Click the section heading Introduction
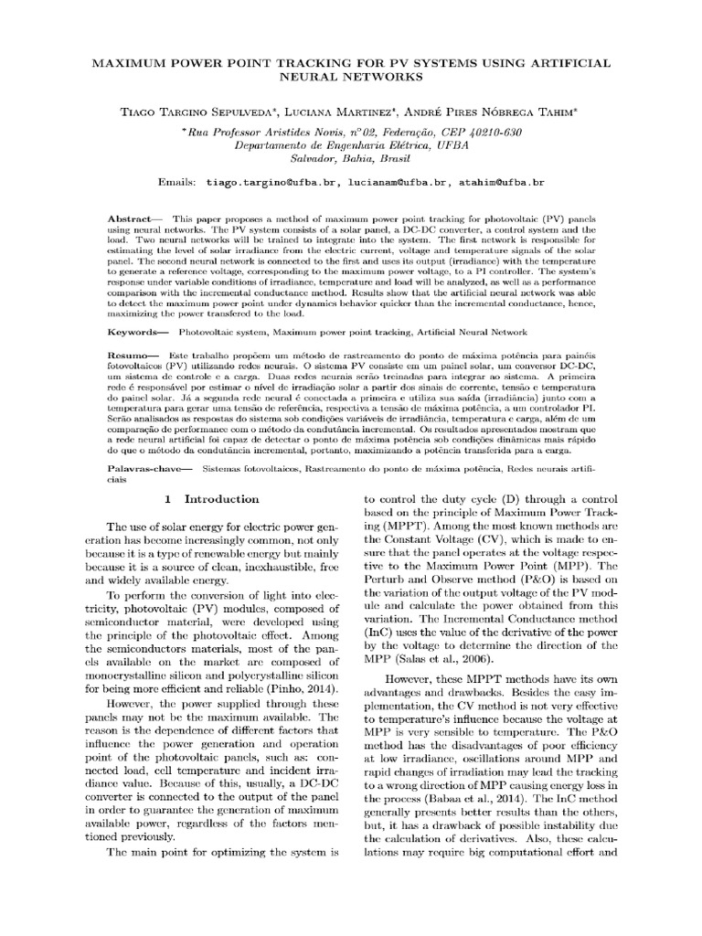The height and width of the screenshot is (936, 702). (x=221, y=499)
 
